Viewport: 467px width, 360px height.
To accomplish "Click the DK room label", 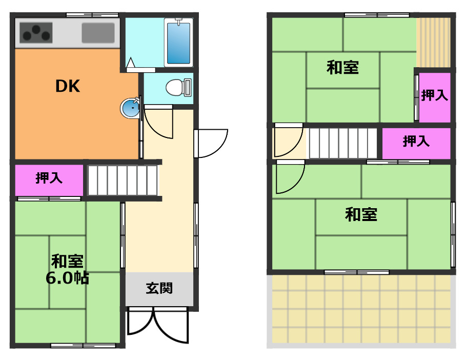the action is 68,86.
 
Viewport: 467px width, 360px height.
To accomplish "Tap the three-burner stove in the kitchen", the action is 36,33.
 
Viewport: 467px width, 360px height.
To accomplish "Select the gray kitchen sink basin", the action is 98,33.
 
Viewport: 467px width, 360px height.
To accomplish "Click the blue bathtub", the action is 178,43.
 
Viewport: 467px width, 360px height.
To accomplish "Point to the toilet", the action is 178,87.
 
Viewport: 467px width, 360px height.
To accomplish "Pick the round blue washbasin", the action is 130,108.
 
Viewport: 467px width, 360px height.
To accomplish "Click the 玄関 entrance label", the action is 159,288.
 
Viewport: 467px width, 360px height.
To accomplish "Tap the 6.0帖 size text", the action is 67,278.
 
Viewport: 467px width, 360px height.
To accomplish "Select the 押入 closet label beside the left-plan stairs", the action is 49,178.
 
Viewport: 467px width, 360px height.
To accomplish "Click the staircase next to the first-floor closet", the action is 123,181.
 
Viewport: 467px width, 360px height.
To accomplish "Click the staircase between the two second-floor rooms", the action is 343,143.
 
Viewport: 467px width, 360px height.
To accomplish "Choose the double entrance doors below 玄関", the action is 158,325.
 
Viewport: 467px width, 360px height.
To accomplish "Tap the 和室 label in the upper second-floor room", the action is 342,67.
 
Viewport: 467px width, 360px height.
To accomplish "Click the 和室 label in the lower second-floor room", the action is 361,214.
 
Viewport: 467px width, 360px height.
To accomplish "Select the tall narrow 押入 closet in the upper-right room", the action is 435,97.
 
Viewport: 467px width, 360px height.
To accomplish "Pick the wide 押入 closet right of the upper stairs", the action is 416,144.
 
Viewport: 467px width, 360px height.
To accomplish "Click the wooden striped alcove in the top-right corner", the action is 433,43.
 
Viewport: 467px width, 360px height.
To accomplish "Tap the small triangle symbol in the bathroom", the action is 130,63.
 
